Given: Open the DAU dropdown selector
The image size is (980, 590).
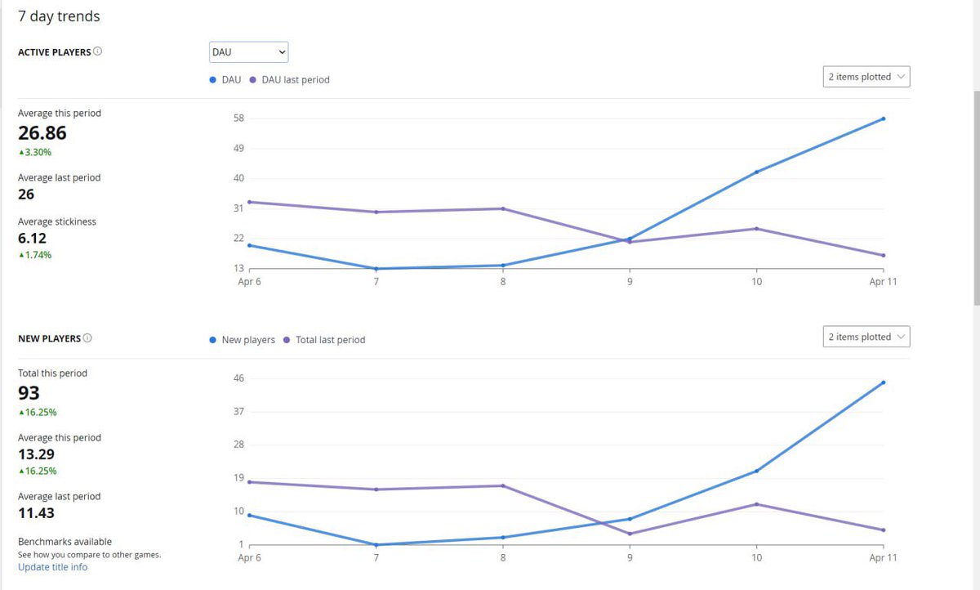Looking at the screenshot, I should click(248, 52).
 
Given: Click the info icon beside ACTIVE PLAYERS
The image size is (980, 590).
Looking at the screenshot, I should click(98, 51).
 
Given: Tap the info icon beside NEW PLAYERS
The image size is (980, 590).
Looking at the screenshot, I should click(87, 338).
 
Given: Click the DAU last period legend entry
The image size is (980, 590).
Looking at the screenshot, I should click(295, 80).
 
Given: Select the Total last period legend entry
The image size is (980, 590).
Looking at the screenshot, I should click(330, 340).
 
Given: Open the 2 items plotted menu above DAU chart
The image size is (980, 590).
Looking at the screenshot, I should click(866, 77).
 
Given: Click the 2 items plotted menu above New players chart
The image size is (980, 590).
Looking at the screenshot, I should click(866, 337).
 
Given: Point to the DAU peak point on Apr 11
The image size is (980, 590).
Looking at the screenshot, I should click(884, 118).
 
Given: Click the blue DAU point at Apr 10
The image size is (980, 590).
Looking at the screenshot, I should click(757, 172).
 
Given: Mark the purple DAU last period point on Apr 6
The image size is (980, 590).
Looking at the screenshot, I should click(249, 202).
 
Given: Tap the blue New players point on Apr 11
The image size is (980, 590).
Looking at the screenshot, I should click(884, 382).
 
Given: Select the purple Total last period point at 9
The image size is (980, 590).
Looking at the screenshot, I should click(630, 534).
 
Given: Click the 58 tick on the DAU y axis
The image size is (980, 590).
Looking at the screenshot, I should click(238, 118).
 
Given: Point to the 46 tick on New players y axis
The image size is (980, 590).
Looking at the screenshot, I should click(238, 378).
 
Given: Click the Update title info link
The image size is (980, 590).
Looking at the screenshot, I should click(52, 567).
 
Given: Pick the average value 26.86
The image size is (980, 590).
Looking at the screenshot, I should click(42, 133).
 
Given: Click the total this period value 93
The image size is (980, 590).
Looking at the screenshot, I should click(29, 393).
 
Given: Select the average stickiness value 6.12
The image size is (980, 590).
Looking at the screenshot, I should click(33, 239).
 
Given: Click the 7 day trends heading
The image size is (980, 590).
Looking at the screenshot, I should click(59, 16).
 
